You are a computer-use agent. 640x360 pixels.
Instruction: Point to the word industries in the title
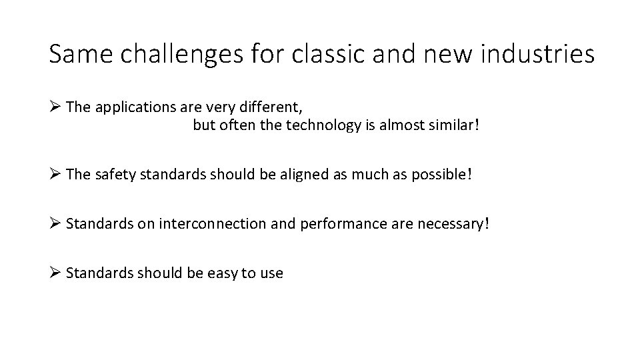click(539, 53)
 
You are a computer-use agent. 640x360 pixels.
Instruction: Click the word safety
click(115, 174)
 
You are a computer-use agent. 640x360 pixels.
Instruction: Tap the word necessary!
click(453, 224)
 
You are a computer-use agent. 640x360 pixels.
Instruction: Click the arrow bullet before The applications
click(55, 107)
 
